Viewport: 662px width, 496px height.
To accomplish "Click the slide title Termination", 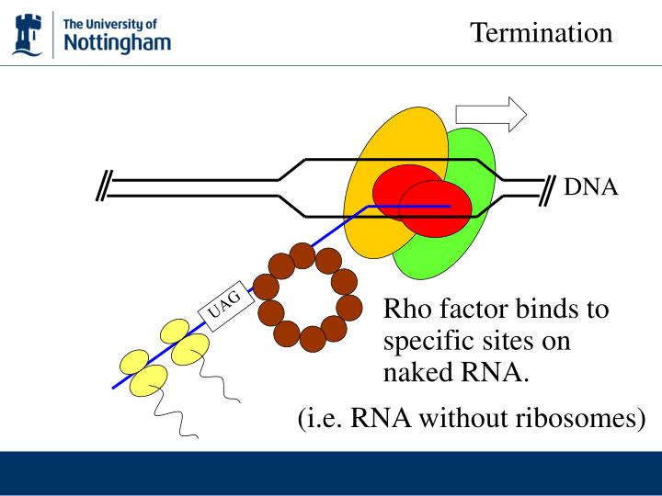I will [x=541, y=33].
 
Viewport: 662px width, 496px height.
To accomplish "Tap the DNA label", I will [x=591, y=188].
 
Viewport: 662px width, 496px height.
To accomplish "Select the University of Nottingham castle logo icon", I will [x=28, y=34].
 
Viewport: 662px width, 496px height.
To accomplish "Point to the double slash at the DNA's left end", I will [x=103, y=186].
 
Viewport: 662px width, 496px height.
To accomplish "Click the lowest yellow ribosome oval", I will [x=146, y=379].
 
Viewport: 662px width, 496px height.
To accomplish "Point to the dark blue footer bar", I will [x=331, y=473].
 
